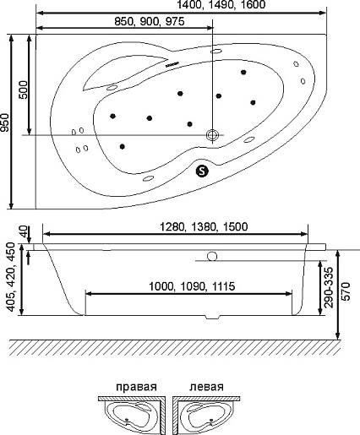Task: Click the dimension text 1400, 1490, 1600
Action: click(x=221, y=4)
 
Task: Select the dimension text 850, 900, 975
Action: click(x=150, y=21)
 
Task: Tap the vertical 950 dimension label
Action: click(x=5, y=122)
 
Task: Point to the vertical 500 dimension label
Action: click(x=24, y=90)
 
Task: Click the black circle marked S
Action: click(x=202, y=170)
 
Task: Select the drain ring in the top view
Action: click(x=212, y=134)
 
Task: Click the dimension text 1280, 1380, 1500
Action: click(x=204, y=226)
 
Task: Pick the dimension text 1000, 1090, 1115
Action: click(x=192, y=286)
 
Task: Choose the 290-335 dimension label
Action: click(x=329, y=287)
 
